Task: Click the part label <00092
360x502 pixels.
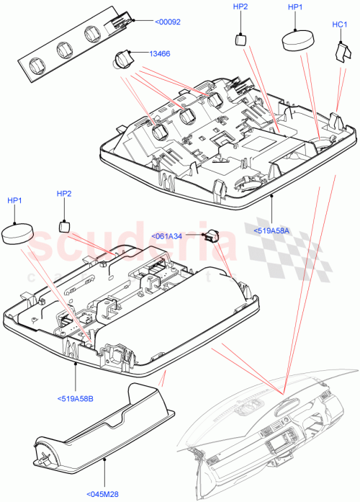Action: (167, 22)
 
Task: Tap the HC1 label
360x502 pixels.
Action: (341, 24)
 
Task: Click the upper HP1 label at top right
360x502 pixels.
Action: (296, 7)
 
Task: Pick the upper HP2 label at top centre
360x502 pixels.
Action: (240, 7)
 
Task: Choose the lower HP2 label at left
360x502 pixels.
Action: (64, 194)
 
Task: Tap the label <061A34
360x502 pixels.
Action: (167, 236)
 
